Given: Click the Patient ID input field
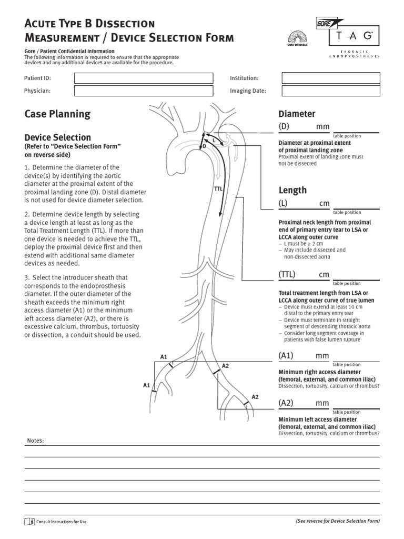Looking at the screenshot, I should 143,78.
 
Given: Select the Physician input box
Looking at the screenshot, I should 143,91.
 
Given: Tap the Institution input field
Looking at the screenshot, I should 331,78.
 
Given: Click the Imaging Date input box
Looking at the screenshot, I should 331,91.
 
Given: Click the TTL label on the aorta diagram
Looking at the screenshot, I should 218,187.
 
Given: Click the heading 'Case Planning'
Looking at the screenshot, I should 57,114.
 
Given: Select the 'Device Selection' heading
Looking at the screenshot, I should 58,137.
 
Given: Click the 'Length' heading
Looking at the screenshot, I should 292,190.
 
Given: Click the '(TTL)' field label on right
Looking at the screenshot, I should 287,275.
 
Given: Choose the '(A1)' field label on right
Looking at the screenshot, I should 286,356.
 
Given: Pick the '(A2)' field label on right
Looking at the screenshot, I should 286,403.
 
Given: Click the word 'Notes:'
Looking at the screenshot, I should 35,440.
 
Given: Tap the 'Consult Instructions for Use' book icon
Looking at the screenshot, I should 29,521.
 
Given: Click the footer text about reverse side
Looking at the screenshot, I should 337,521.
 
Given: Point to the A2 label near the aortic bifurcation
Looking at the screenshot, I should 225,365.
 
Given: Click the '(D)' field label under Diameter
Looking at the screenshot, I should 284,127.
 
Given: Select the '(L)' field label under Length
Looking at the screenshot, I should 283,204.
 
